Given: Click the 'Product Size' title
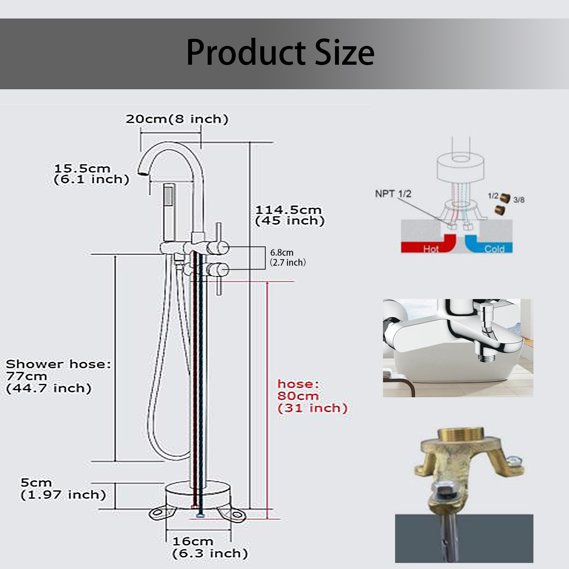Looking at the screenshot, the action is pos(280,52).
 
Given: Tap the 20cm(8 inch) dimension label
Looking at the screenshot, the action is pos(177,119).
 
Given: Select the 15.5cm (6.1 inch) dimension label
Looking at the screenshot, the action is pos(91,174).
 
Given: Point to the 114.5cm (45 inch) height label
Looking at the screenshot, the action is pos(290,215).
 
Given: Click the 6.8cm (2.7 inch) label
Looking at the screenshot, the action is pos(288,257).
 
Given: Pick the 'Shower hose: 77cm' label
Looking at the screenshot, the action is pos(58,370).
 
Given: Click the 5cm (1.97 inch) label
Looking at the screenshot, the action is pos(63,489).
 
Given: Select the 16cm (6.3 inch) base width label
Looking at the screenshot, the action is pos(210,547).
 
